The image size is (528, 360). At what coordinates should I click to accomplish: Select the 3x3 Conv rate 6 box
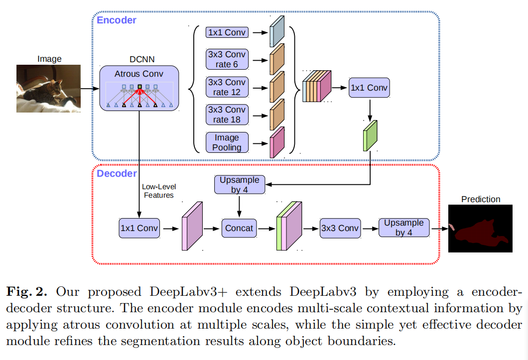coord(227,59)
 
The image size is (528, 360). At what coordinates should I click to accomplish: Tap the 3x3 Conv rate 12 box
coord(227,87)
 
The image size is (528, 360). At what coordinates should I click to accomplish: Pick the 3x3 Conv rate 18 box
coord(227,115)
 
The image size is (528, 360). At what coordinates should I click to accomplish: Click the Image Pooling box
coord(227,142)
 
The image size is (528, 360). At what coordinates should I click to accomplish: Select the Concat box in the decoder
coord(239,229)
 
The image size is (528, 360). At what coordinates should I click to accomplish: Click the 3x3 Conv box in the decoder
coord(339,229)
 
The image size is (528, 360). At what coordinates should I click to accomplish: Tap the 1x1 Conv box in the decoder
coord(139,229)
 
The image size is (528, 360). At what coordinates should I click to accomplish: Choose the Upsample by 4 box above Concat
coord(240,184)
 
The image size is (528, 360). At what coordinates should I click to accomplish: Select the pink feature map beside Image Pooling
coord(276,142)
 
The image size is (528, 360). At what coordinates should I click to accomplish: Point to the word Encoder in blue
coord(116,20)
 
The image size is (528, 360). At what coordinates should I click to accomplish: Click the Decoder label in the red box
coord(117,174)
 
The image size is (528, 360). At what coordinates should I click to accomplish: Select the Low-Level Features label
coord(159,191)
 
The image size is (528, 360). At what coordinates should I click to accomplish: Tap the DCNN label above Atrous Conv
coord(139,59)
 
